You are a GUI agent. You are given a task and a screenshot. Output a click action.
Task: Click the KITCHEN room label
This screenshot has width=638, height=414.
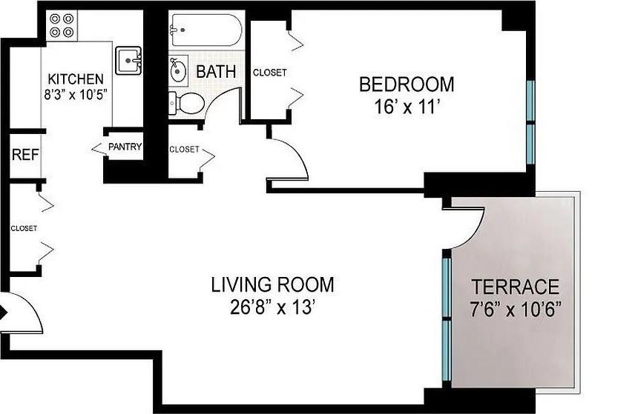(x=76, y=79)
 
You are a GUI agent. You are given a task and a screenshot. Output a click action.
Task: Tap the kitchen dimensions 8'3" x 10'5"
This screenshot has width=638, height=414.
(x=76, y=94)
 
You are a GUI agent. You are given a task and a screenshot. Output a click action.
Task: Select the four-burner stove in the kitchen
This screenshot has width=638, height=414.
(x=62, y=26)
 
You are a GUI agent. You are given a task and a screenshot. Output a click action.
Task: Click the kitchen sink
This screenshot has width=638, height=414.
(x=129, y=59)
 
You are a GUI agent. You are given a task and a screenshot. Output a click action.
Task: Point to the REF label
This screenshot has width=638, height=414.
(x=25, y=156)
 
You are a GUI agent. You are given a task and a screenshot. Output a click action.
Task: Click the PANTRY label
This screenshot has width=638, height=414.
(x=125, y=147)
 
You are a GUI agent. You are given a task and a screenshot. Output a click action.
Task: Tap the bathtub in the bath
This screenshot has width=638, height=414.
(x=205, y=30)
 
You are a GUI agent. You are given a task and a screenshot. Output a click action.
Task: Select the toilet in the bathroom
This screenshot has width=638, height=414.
(x=185, y=104)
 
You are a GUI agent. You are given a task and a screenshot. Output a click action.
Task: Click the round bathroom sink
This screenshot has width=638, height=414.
(x=179, y=71)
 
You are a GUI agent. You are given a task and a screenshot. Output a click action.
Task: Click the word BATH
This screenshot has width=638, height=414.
(x=216, y=72)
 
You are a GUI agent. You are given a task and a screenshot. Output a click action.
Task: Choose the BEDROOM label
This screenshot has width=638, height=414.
(x=406, y=84)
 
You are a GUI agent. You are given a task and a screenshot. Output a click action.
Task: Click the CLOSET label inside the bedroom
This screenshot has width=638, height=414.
(x=269, y=73)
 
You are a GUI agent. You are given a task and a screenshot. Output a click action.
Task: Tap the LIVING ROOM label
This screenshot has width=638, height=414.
(x=272, y=284)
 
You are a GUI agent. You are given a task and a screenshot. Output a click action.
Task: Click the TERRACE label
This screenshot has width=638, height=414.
(x=516, y=287)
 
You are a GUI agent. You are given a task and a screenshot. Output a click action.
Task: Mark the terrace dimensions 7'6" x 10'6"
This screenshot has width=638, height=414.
(x=516, y=307)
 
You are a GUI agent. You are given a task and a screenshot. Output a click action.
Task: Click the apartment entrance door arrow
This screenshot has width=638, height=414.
(x=4, y=313)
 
